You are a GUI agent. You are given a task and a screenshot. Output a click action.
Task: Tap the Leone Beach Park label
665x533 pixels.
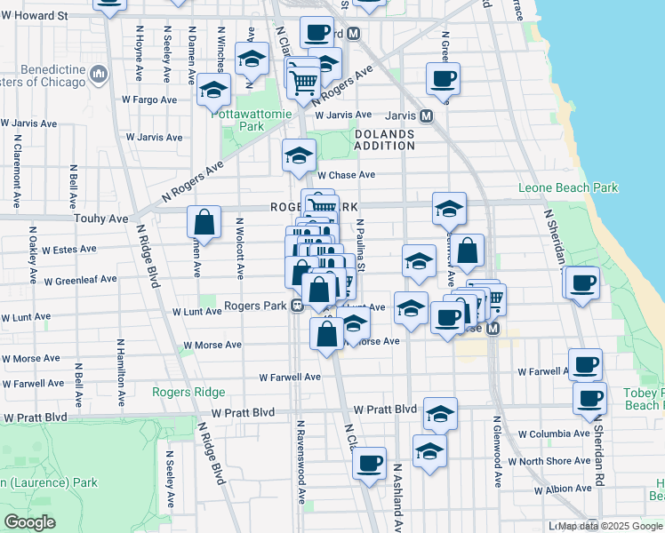click(568, 187)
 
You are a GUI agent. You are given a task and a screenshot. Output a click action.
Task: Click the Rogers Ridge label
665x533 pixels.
click(188, 392)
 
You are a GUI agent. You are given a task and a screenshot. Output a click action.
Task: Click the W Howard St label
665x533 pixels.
click(35, 16)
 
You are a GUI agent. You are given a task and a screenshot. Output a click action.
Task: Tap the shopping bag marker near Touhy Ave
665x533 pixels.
click(204, 224)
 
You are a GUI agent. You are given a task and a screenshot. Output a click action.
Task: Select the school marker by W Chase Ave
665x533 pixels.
click(300, 156)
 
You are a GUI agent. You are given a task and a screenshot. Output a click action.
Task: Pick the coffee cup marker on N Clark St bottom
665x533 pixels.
click(369, 463)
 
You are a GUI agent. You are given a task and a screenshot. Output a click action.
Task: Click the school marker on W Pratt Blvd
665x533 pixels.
click(440, 414)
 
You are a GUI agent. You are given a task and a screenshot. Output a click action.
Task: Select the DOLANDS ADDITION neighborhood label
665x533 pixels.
click(384, 140)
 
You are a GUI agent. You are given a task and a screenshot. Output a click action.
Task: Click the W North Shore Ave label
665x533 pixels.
click(555, 461)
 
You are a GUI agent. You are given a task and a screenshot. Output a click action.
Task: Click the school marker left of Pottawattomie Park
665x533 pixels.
click(213, 90)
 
